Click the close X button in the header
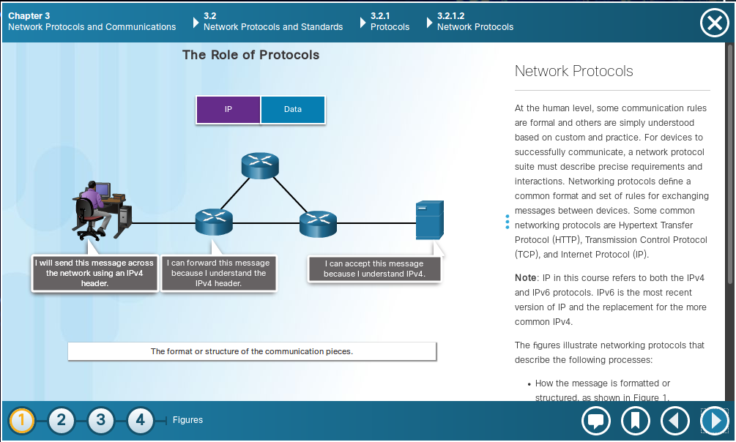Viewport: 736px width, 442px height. (x=715, y=23)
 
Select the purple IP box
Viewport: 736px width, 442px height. (x=228, y=109)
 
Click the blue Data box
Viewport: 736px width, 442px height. (x=293, y=109)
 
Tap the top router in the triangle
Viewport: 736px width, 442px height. (x=260, y=165)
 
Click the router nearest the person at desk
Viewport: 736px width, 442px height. (x=214, y=222)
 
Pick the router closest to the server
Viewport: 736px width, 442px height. (x=319, y=224)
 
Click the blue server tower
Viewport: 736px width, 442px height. (x=429, y=220)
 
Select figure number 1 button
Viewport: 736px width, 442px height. (x=21, y=420)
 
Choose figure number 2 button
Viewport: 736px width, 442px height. (x=61, y=420)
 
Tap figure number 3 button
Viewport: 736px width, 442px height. (x=100, y=420)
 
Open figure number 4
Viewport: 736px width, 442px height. (x=140, y=420)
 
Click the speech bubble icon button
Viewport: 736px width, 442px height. (x=595, y=421)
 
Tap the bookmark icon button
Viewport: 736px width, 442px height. (x=635, y=421)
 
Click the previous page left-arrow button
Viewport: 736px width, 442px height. (x=675, y=421)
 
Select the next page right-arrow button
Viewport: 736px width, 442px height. (x=715, y=421)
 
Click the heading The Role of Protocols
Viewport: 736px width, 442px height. (x=250, y=55)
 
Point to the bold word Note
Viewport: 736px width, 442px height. (x=525, y=278)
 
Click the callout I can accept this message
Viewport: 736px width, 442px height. (x=374, y=269)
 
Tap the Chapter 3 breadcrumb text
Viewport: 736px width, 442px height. (x=29, y=16)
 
